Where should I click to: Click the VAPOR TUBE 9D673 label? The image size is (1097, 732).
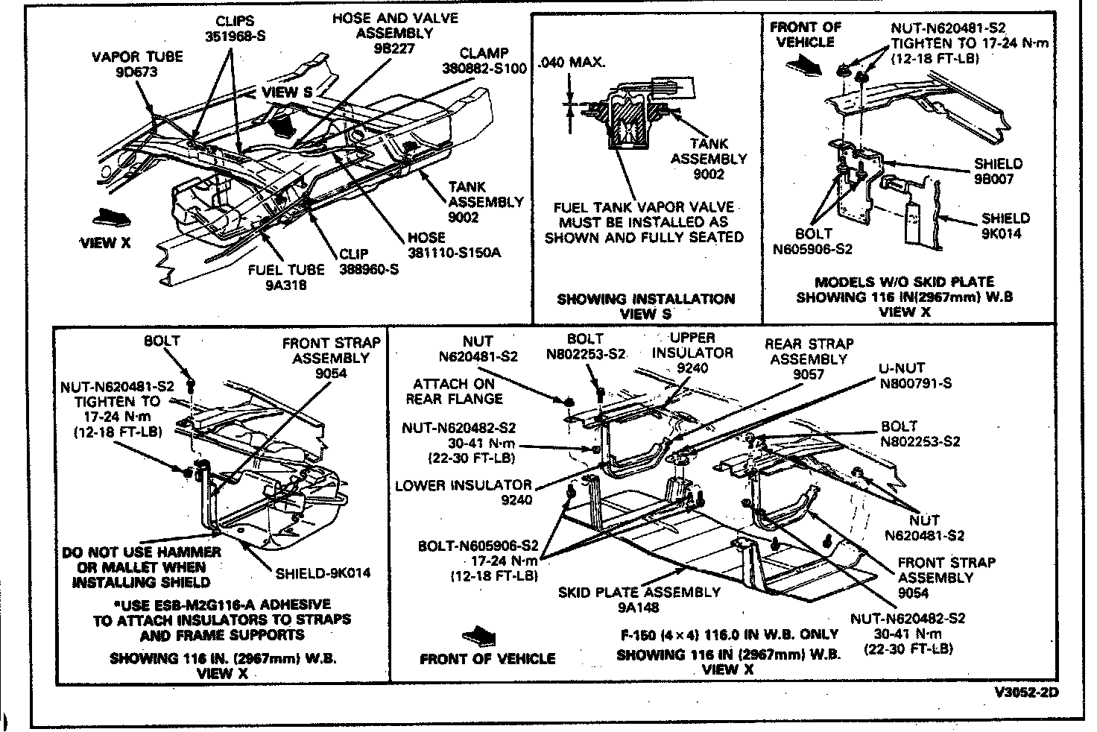tap(136, 64)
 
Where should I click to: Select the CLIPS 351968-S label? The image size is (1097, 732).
tap(234, 28)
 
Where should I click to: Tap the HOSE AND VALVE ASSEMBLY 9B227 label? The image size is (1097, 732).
tap(394, 33)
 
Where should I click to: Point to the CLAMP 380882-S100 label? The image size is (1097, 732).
tap(484, 61)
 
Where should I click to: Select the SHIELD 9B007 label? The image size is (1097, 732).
tap(998, 171)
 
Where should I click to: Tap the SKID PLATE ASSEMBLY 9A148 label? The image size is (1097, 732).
tap(639, 600)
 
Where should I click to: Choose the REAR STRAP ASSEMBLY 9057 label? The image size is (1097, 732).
tap(809, 359)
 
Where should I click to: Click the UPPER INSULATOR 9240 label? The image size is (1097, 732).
tap(692, 353)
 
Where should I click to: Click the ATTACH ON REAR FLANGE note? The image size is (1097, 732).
tap(454, 391)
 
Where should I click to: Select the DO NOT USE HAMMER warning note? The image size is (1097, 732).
tap(141, 567)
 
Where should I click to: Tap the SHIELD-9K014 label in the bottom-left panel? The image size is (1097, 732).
tap(323, 574)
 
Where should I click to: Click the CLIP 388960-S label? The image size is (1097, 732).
tap(368, 262)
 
